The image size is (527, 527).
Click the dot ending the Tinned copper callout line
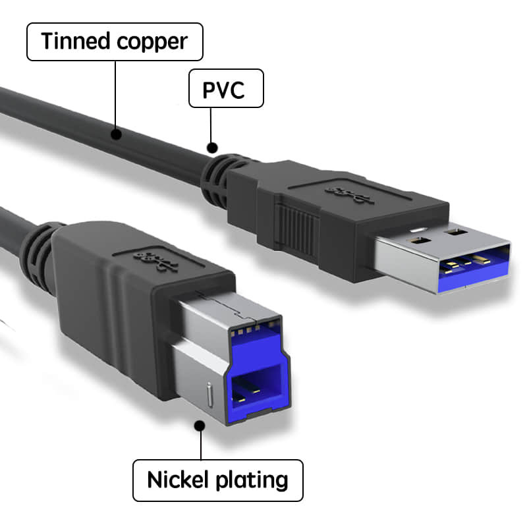[x=117, y=136]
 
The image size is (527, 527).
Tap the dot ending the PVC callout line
[x=211, y=148]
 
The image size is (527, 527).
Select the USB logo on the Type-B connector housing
[x=157, y=259]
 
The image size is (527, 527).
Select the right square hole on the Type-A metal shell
[x=454, y=232]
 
